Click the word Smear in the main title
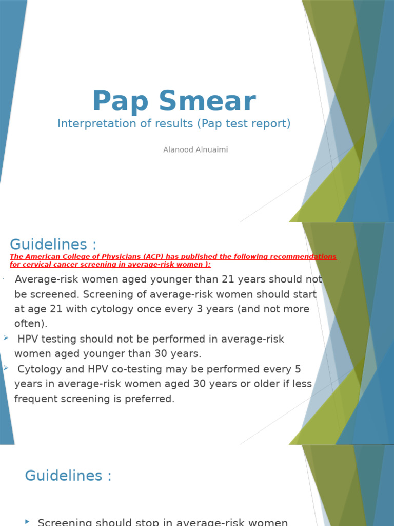(208, 101)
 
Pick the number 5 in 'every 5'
(298, 369)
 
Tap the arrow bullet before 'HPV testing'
(6, 338)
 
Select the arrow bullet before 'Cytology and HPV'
(6, 368)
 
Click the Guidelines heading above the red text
(53, 244)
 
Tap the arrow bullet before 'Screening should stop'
(28, 521)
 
